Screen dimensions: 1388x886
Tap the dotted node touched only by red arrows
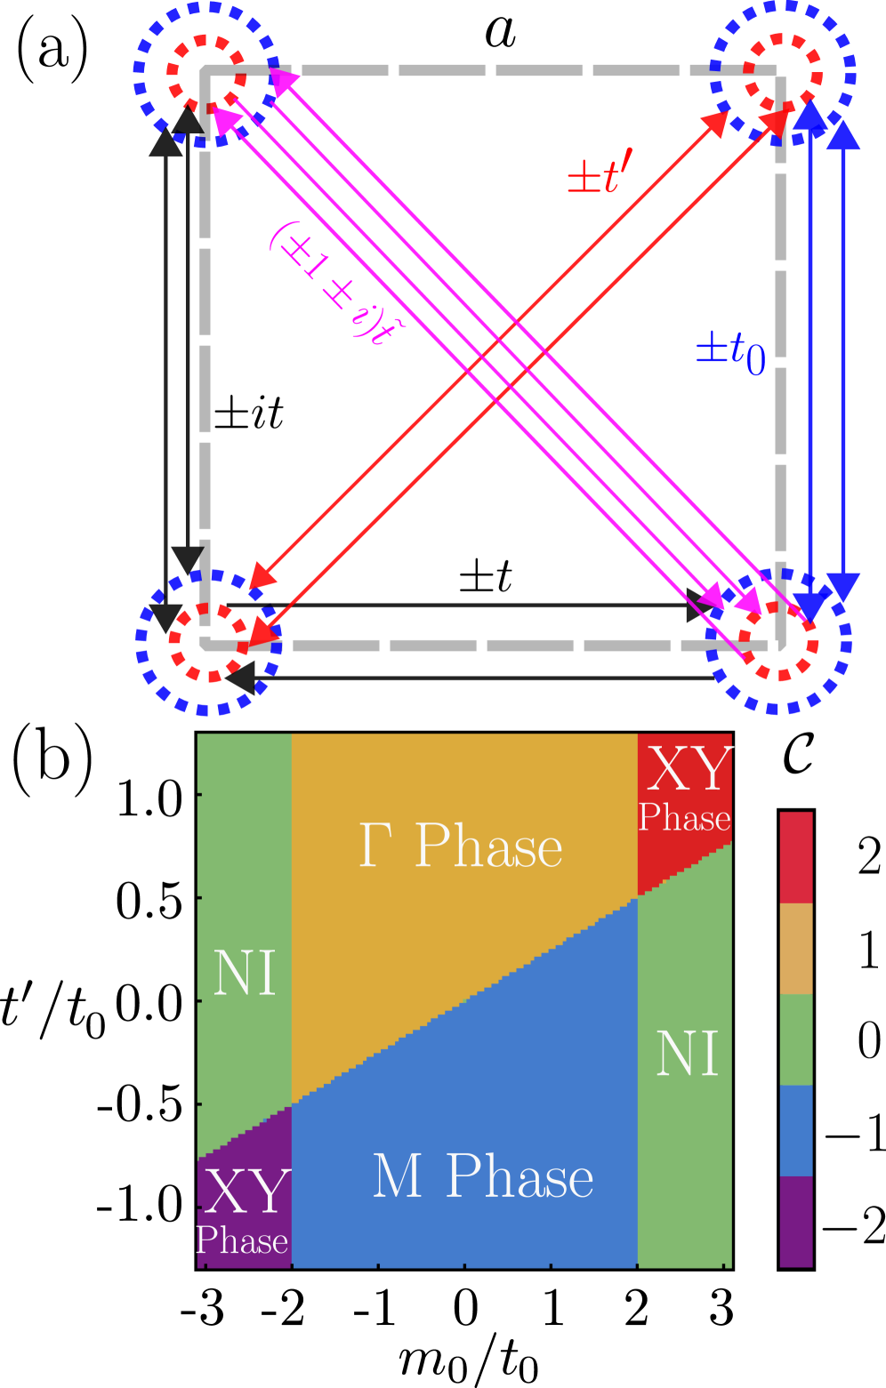tap(208, 643)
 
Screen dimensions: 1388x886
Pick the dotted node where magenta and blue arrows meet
tap(778, 642)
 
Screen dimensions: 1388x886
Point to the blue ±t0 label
tap(730, 353)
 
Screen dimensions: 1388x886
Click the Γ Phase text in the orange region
tap(460, 846)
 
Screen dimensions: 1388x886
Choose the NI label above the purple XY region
tap(245, 973)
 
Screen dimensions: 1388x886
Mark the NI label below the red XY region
tap(686, 1055)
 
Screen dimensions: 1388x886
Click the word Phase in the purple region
tap(242, 1240)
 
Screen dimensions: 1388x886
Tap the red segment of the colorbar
tap(795, 857)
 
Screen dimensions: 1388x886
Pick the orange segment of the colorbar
tap(795, 949)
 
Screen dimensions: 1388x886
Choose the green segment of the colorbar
tap(795, 1039)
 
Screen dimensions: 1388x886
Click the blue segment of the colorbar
tap(795, 1130)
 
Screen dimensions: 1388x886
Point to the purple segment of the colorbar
tap(795, 1221)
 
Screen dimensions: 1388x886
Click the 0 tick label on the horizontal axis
tap(465, 1300)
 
